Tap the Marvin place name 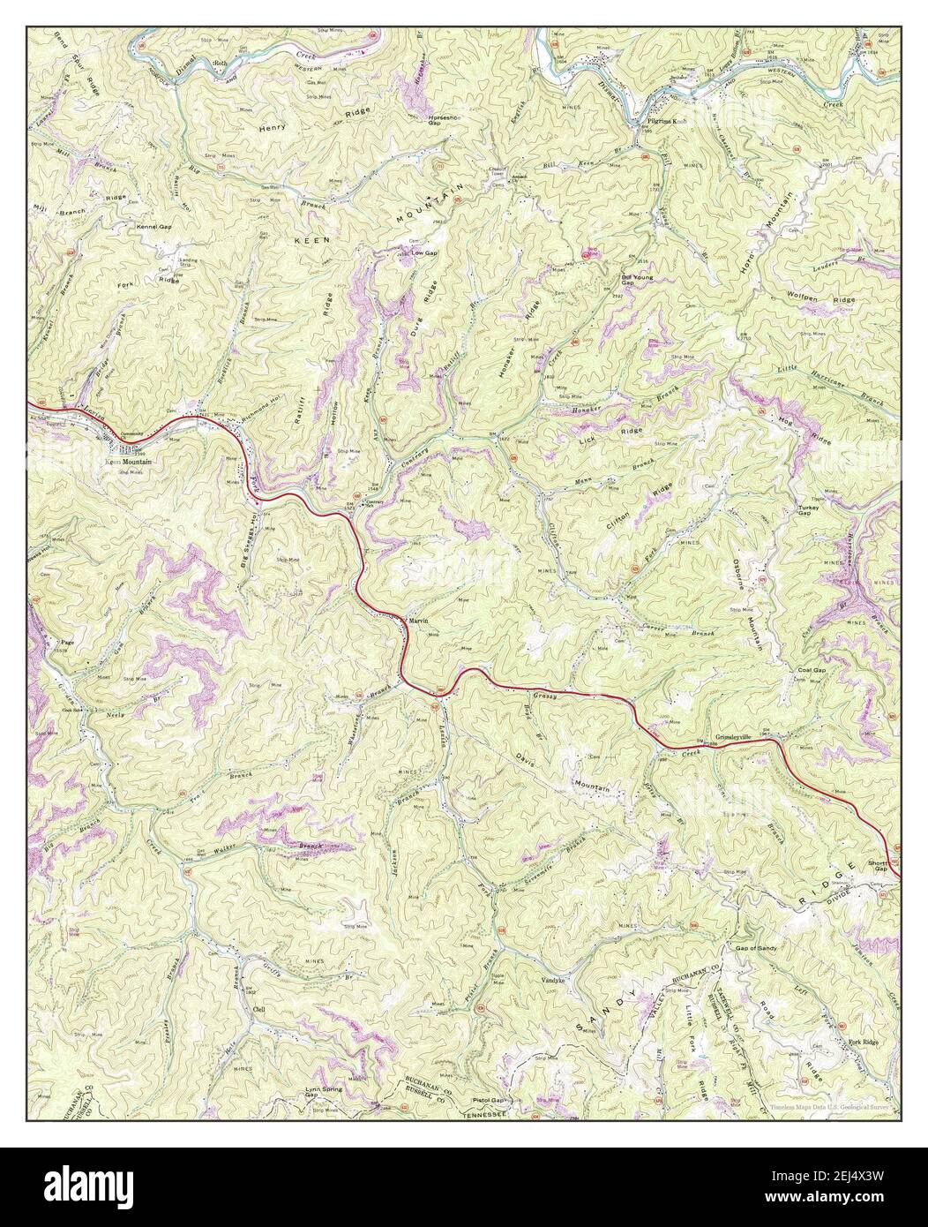tap(419, 621)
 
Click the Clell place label tap(258, 1008)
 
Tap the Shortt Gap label tap(877, 864)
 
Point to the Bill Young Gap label tap(636, 280)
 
